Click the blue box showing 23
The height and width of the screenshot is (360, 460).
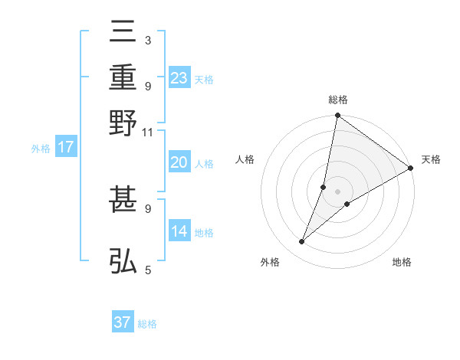(x=179, y=78)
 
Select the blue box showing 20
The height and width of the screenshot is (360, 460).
(x=179, y=162)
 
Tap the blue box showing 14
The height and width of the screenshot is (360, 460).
(x=179, y=231)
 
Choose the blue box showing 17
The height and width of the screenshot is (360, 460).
(x=65, y=147)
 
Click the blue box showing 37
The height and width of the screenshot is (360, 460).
(x=123, y=322)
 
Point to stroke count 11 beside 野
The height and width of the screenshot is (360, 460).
(x=147, y=132)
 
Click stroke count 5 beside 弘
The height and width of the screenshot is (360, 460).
(x=147, y=270)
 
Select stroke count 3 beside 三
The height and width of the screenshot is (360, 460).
(x=147, y=40)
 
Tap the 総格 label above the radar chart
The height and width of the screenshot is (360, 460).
(x=337, y=100)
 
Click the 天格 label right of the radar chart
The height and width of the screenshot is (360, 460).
(x=431, y=159)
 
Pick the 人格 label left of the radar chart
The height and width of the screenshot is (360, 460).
(x=245, y=159)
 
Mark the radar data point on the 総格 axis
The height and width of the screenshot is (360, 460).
(x=337, y=116)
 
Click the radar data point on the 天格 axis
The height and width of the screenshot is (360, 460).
(x=411, y=169)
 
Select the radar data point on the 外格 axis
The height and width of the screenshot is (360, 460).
(x=302, y=242)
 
